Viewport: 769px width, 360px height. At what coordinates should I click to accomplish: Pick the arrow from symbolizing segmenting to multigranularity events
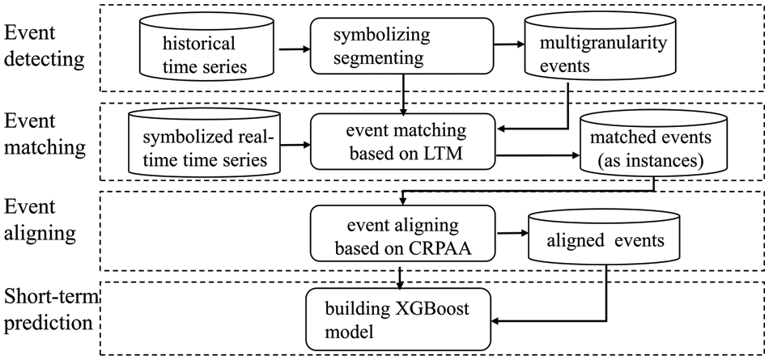tap(508, 46)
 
